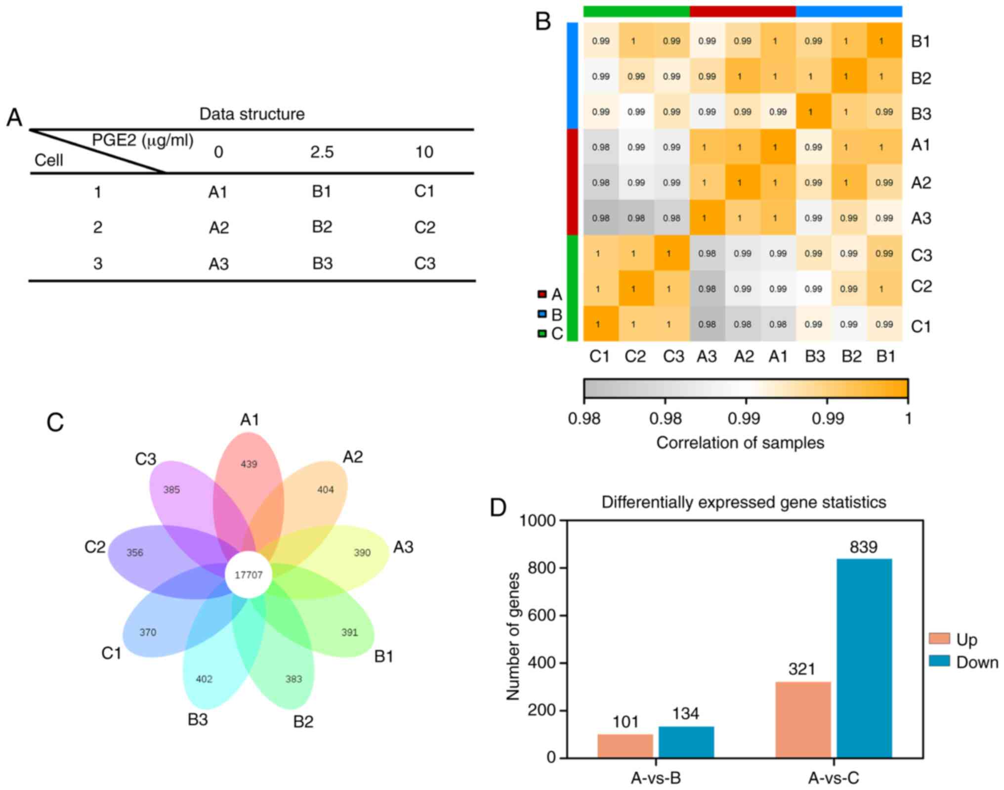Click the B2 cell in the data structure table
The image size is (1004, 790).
click(322, 227)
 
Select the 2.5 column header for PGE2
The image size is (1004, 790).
click(322, 152)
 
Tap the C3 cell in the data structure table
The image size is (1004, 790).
click(425, 263)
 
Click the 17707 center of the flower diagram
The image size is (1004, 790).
click(249, 575)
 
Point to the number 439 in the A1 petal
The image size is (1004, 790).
click(249, 464)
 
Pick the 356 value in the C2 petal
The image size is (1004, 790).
click(135, 553)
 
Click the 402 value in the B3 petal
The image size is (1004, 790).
click(204, 679)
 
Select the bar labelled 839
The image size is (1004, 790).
click(864, 658)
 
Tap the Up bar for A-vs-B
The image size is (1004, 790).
click(625, 746)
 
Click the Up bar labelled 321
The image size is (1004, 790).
click(803, 720)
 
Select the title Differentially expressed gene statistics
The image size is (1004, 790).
click(744, 502)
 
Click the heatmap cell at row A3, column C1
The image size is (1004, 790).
click(601, 218)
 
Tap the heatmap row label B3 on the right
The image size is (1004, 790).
click(921, 114)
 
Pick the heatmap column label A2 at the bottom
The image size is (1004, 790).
click(744, 356)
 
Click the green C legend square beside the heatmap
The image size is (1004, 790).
click(542, 334)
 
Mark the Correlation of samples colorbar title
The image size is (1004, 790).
click(740, 442)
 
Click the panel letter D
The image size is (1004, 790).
click(498, 507)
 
